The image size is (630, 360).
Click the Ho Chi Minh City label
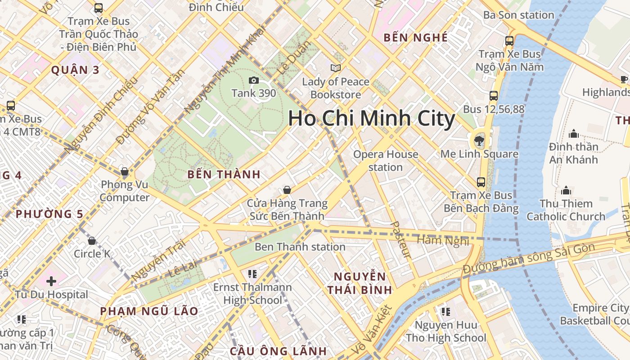[372, 118]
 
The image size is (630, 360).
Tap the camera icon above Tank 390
[254, 81]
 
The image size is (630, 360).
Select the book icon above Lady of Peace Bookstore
[335, 68]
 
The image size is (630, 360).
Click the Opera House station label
[386, 161]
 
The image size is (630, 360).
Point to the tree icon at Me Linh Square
[479, 140]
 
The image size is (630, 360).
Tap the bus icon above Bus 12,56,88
[494, 95]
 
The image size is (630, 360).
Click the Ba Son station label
[518, 15]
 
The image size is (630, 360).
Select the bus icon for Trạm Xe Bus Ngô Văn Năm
[509, 41]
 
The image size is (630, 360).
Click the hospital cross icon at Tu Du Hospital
[51, 281]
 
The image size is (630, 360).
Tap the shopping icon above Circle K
[92, 241]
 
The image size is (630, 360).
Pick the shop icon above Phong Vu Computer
[125, 171]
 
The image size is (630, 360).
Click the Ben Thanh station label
[300, 247]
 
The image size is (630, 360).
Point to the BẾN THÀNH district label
[224, 175]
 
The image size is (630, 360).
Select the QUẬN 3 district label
[75, 70]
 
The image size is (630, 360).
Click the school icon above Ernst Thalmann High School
[252, 274]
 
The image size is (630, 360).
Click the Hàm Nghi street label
[443, 241]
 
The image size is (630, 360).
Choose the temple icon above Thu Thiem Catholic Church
[566, 190]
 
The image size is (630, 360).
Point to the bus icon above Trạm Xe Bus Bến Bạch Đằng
[481, 182]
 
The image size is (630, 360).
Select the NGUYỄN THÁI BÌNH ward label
[360, 283]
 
